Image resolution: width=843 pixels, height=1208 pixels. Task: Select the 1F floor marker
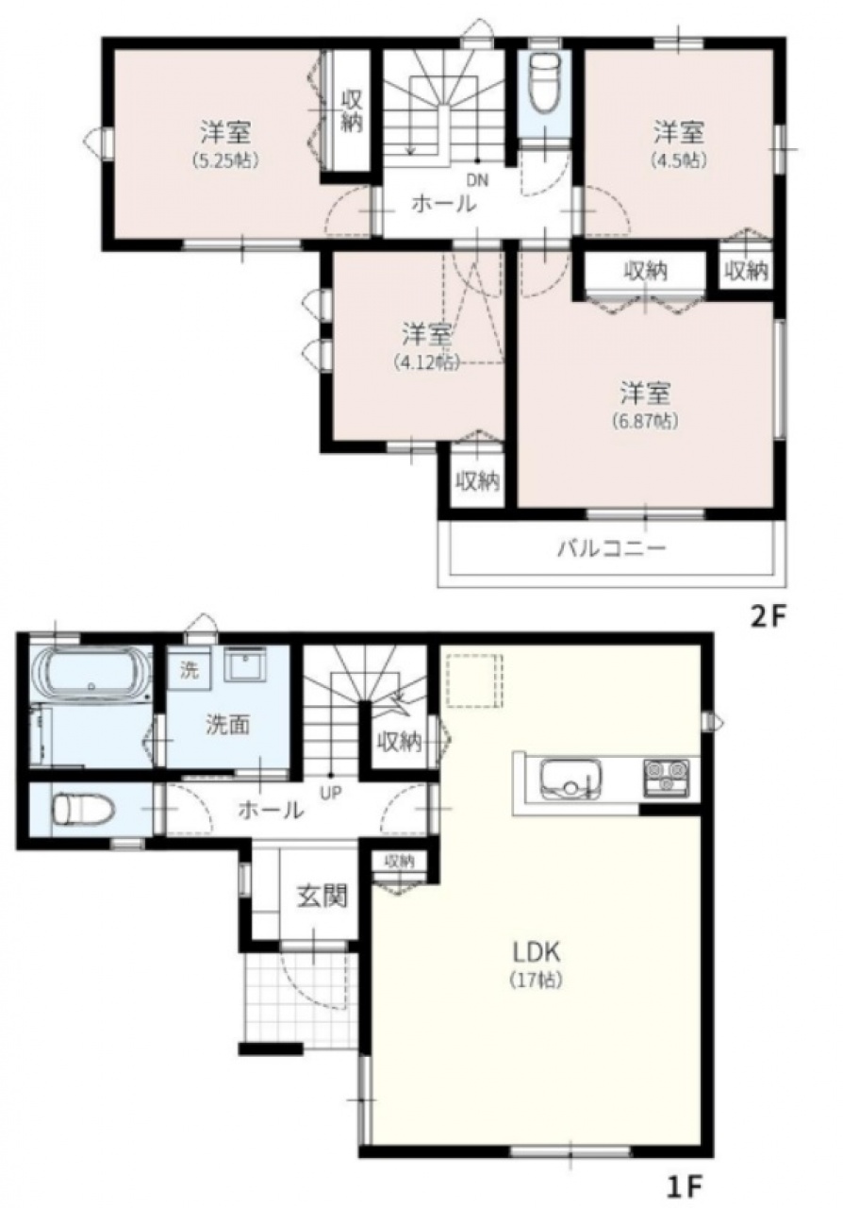coord(685,1188)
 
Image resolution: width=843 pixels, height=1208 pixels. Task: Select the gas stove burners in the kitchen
coord(667,778)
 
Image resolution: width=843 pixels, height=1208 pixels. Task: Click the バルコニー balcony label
coord(612,549)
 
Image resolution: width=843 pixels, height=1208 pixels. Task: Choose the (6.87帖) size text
coord(645,421)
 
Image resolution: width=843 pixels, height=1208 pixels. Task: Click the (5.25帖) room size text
coord(224,160)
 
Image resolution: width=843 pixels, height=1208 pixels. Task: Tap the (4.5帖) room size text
coord(679,159)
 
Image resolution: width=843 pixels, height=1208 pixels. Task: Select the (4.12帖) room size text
coord(426,361)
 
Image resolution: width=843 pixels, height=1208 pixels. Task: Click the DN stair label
coord(477,180)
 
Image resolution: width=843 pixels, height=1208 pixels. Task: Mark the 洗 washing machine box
coord(189,671)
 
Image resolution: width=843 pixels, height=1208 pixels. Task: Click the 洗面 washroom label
coord(228,726)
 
